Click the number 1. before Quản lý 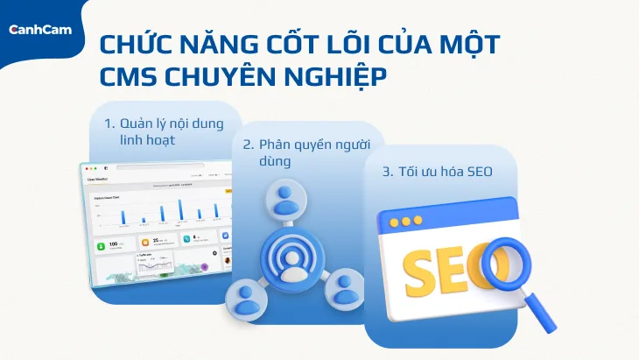tap(109, 122)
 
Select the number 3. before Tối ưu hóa tap(388, 173)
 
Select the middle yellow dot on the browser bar tap(405, 222)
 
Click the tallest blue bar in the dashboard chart tap(181, 208)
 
